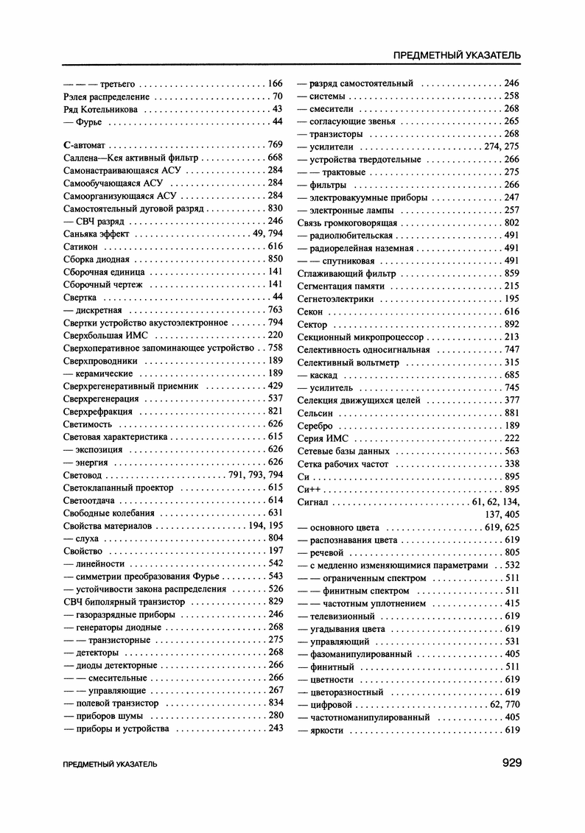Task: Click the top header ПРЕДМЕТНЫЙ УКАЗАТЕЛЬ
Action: click(458, 55)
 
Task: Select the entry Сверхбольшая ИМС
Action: click(106, 335)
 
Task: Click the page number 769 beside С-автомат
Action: click(276, 144)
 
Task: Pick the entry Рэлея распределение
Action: click(106, 96)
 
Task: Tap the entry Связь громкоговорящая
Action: click(347, 222)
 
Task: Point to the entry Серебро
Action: click(315, 426)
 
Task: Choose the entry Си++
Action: click(310, 489)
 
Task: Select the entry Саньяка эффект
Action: click(97, 233)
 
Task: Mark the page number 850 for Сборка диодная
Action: click(276, 259)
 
